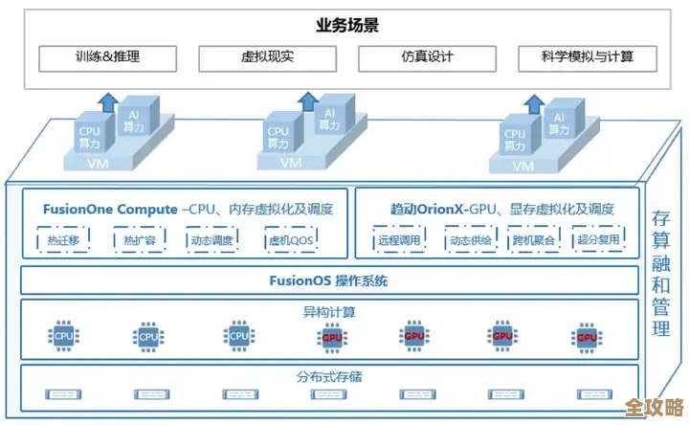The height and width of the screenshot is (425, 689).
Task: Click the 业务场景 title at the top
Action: coord(346,26)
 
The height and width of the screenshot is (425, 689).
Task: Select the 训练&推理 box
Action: coord(109,57)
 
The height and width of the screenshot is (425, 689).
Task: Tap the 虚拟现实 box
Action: coord(269,57)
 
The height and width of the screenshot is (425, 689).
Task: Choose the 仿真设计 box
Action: coord(428,57)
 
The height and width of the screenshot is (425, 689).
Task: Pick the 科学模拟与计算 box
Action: coord(588,57)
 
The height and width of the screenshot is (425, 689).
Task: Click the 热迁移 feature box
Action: coord(63,240)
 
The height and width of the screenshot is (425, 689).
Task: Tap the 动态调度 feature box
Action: coord(211,240)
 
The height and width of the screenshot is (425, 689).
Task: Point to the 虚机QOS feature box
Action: coord(290,240)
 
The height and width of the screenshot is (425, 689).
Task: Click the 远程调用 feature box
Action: coord(398,240)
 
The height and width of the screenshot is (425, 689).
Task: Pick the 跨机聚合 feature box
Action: coord(533,240)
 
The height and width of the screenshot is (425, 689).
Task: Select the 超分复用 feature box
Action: coord(599,240)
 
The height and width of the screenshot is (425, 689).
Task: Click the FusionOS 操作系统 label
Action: coord(328,281)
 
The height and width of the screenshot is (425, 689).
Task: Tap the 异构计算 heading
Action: coord(328,311)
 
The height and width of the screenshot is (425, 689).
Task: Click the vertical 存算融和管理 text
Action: coord(661,273)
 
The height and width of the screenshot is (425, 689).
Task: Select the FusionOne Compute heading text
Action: coord(110,209)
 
